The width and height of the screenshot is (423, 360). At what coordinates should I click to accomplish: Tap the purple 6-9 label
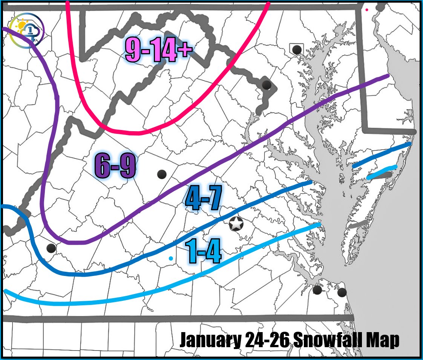(x=115, y=166)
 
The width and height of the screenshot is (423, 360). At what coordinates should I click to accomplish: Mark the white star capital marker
(x=236, y=225)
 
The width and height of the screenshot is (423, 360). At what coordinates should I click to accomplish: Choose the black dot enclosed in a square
(x=297, y=49)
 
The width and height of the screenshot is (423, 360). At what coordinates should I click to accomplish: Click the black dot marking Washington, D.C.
(x=267, y=84)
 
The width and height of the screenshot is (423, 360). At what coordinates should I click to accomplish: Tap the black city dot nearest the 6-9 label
(x=162, y=174)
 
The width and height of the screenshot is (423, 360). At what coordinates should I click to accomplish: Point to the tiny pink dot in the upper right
(x=367, y=10)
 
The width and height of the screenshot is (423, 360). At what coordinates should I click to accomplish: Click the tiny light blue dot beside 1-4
(x=171, y=258)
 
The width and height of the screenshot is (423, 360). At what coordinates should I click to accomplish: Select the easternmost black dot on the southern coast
(x=342, y=292)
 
